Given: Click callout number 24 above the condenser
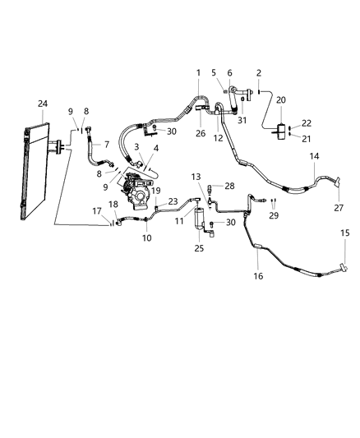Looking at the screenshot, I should [x=43, y=103].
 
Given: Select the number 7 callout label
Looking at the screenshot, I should [x=105, y=145].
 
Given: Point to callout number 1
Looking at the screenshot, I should [x=198, y=73].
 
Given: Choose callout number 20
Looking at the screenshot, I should [x=282, y=100].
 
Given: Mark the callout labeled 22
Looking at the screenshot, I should [x=307, y=122].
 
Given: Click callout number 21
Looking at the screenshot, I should [x=307, y=138].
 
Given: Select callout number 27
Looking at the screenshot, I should [x=338, y=208].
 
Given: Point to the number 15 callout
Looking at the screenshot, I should [x=345, y=234].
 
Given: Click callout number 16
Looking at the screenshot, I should [x=258, y=277].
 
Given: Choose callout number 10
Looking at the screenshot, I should [x=147, y=238].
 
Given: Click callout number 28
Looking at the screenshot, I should [x=229, y=187].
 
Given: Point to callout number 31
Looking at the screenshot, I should [x=242, y=121].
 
